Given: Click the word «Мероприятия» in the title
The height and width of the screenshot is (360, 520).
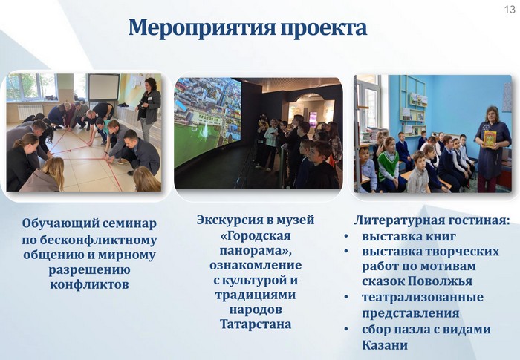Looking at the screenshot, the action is pos(202,28).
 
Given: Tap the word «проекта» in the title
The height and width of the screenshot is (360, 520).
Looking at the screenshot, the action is pos(324,28).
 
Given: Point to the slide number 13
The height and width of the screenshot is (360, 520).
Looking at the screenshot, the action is pos(510,10).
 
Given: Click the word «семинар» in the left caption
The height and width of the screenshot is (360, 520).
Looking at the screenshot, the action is pos(129,223).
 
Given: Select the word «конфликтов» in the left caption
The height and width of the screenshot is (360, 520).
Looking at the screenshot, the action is pos(89,284).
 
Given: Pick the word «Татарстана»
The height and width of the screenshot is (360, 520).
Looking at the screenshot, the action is pos(256,324).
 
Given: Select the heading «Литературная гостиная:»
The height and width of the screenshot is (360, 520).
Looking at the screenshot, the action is pos(432,220).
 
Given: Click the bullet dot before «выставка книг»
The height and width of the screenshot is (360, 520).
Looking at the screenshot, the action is pos(346,236).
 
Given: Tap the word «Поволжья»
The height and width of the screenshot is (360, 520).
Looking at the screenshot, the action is pos(440,281).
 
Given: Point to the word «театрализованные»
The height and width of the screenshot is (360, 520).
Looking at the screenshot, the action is pos(423,298).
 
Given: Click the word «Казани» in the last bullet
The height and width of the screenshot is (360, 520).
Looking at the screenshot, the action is pos(385,345).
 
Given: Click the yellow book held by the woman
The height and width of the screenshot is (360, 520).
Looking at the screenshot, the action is pos(490,139).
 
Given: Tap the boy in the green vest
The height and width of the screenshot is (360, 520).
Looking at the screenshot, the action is pos(389,165).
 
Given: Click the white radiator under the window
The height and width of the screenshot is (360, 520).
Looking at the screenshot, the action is pos(30,111).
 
